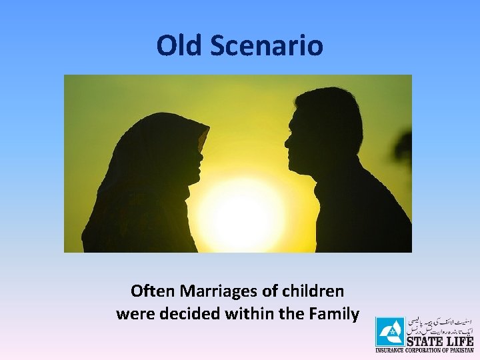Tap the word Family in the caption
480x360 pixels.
(336, 313)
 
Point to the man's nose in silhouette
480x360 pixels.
(287, 141)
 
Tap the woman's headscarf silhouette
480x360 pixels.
(143, 173)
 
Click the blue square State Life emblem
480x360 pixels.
(389, 332)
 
